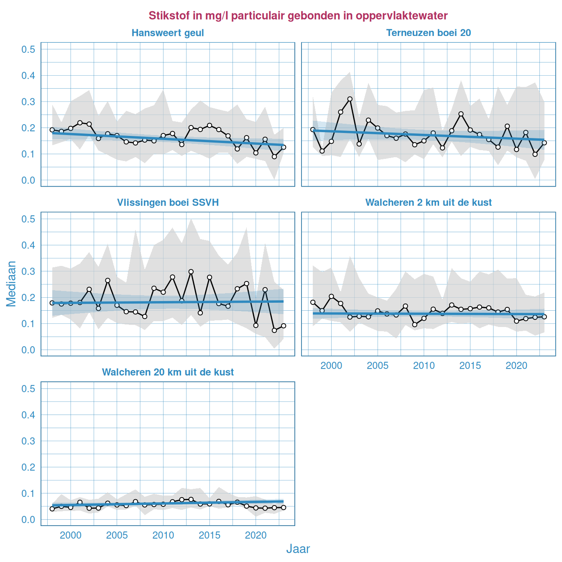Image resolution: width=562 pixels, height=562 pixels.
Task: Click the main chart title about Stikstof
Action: point(298,16)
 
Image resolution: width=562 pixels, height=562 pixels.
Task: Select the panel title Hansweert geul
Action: point(168,33)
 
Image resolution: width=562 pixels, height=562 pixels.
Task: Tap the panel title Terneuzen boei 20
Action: point(428,33)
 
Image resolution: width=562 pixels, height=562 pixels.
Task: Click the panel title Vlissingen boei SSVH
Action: point(168,203)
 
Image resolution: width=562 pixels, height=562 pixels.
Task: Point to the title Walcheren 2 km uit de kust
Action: point(428,203)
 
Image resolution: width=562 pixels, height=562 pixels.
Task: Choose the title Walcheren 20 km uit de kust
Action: point(168,373)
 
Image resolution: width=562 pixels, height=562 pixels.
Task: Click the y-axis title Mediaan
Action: point(11,284)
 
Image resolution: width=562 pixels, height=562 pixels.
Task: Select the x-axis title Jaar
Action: point(298,549)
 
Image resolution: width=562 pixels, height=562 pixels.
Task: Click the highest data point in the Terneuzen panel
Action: point(350,99)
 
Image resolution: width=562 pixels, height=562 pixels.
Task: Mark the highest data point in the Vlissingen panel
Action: point(191,272)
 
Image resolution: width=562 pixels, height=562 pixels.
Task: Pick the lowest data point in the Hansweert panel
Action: point(274,156)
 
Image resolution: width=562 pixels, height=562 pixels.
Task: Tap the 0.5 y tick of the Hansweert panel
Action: point(28,49)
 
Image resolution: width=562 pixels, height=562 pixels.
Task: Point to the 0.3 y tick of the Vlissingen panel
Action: point(28,271)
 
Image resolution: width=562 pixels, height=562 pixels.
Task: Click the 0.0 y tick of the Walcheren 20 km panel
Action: point(28,520)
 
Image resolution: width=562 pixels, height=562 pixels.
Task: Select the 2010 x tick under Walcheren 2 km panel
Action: point(424,366)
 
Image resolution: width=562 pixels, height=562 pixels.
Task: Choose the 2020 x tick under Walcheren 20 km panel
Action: point(256,536)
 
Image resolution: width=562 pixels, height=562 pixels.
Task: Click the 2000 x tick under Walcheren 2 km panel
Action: point(331,366)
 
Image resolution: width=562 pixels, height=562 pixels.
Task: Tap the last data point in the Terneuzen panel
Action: point(544,143)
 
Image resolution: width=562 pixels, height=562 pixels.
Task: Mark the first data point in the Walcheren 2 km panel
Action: point(313,302)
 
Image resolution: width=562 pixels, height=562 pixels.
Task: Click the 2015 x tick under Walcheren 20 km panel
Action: point(209,536)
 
